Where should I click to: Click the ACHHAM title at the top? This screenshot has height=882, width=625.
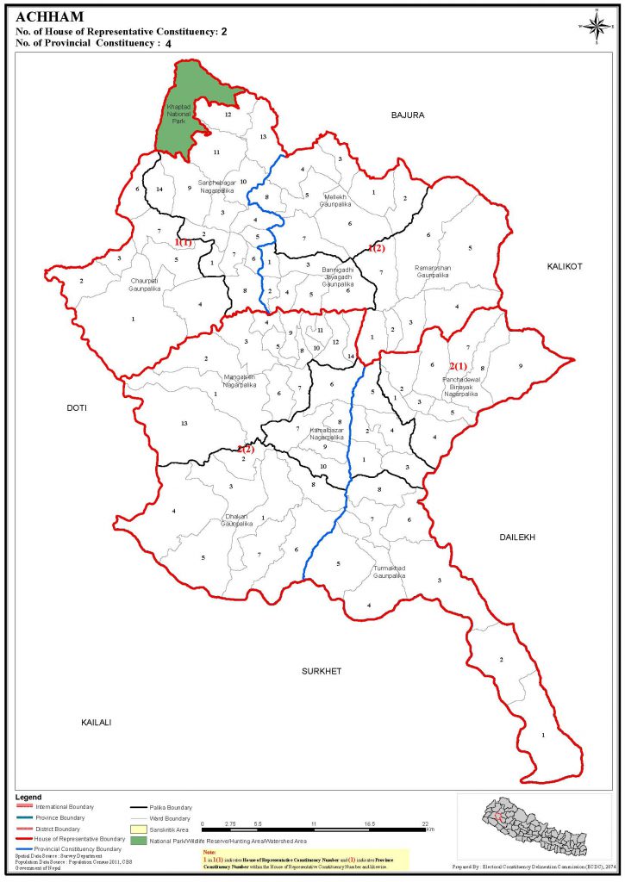click(49, 15)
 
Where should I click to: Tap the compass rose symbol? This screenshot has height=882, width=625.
click(595, 24)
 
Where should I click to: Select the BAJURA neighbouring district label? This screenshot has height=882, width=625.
click(409, 115)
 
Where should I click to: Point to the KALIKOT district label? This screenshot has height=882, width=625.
click(565, 267)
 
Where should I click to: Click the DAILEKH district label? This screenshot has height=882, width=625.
click(517, 537)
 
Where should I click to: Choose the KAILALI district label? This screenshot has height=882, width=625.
click(97, 722)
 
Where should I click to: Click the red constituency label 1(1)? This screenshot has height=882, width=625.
click(184, 243)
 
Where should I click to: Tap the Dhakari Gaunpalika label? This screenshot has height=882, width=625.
click(236, 520)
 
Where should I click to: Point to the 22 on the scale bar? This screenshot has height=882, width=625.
click(427, 824)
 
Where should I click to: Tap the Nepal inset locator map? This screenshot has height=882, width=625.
click(528, 827)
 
